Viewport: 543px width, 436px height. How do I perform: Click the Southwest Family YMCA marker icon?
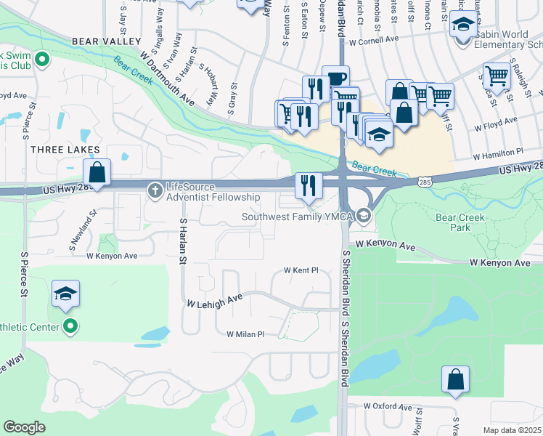tap(363, 216)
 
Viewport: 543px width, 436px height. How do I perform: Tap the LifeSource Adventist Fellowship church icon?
tap(155, 191)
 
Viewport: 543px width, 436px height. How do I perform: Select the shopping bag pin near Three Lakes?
tap(97, 174)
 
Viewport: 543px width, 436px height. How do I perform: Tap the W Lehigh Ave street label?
tap(214, 302)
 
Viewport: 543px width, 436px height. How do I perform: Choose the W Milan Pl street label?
tap(245, 334)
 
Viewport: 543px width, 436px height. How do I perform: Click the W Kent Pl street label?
tap(301, 270)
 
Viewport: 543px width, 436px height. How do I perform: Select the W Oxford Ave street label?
tap(388, 405)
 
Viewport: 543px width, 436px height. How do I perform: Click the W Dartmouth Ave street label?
tap(168, 77)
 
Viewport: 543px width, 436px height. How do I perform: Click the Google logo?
tap(24, 427)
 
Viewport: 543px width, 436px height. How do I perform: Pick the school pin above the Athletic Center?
tap(65, 294)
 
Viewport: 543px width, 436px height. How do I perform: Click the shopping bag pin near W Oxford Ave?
tap(455, 379)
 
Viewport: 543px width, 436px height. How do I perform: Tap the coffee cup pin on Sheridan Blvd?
tap(335, 79)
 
